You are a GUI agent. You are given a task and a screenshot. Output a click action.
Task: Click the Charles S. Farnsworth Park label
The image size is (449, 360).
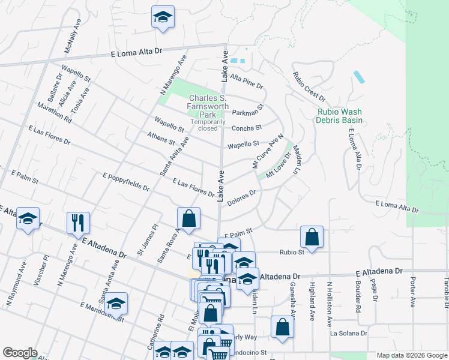(x=208, y=106)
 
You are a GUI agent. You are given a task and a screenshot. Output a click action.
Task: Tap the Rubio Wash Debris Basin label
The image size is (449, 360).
(x=340, y=116)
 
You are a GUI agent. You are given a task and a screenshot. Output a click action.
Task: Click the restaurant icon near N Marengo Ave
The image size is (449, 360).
(x=78, y=223)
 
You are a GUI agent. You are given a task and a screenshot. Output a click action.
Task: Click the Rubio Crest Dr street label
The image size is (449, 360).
(x=309, y=86)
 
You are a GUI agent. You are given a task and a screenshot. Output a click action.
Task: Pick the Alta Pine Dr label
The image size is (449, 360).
(x=247, y=82)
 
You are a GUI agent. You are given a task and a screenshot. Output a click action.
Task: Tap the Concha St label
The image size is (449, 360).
(x=247, y=128)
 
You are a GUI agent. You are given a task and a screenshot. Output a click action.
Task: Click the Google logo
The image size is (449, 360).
(x=20, y=353)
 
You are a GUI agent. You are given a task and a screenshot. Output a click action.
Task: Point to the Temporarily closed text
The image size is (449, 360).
(x=208, y=125)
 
